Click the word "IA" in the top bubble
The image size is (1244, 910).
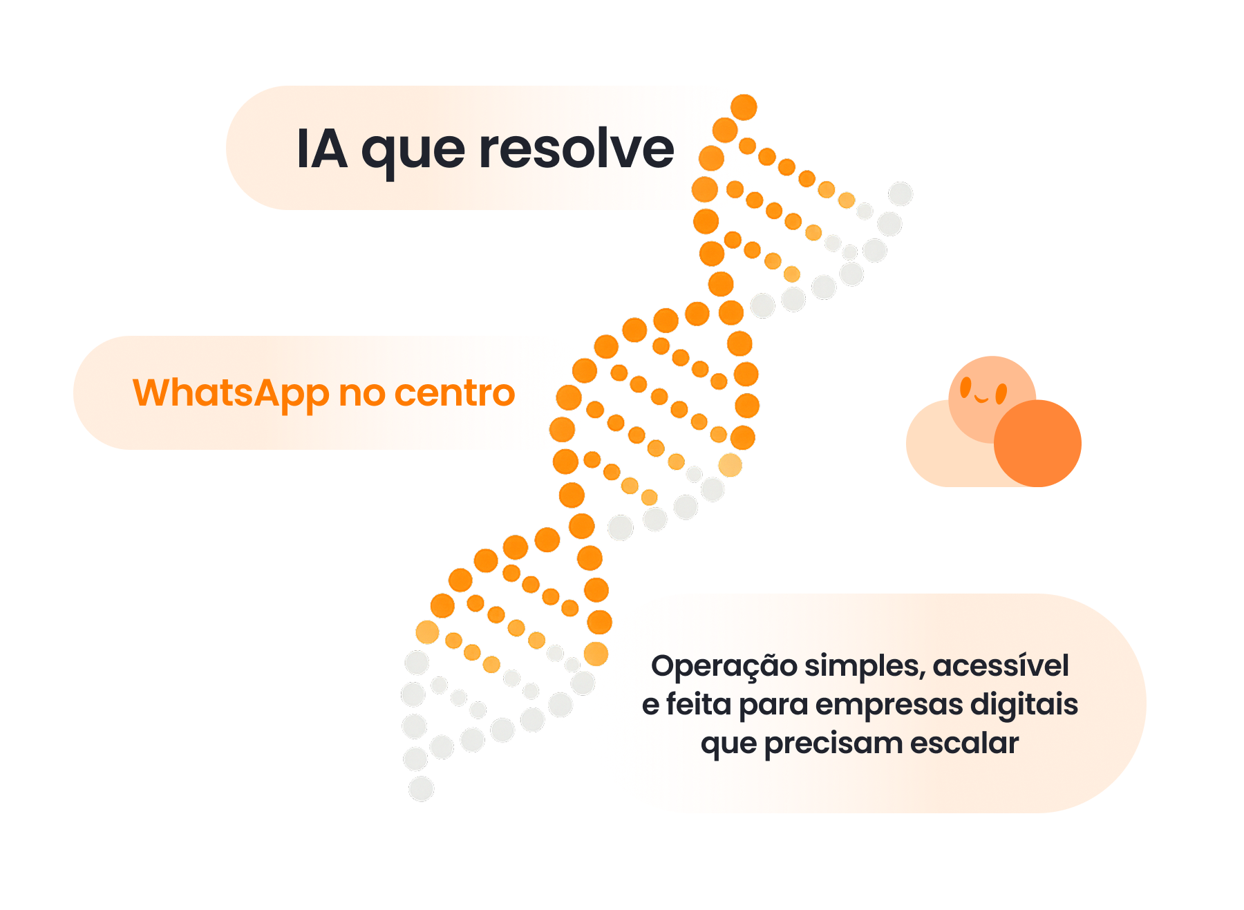pos(321,149)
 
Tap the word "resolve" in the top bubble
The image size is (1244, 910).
pos(576,149)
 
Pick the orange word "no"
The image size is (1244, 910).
pos(361,394)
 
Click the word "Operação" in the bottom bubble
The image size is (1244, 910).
pos(724,667)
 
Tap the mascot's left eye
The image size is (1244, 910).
pos(966,387)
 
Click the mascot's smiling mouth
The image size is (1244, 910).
pos(982,399)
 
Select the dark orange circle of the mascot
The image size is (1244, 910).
pos(1037,444)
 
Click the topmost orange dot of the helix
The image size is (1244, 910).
pos(744,107)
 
